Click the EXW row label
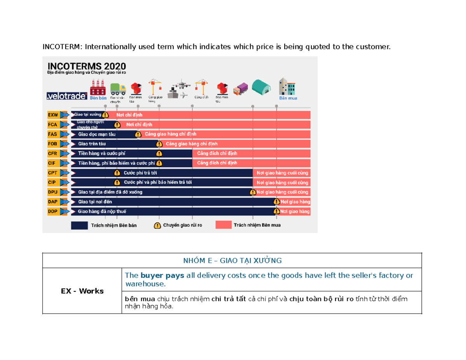(52, 115)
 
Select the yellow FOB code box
(52, 144)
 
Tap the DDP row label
(52, 212)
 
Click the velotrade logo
(67, 96)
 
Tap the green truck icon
(118, 89)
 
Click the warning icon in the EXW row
(105, 115)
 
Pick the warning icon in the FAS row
(138, 134)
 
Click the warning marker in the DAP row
(276, 202)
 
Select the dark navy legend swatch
(79, 225)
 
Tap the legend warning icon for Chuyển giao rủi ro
(157, 225)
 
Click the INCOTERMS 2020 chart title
(86, 66)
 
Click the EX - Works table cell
(82, 290)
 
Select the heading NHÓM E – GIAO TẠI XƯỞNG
(232, 260)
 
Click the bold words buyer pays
(154, 276)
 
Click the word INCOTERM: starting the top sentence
(63, 47)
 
